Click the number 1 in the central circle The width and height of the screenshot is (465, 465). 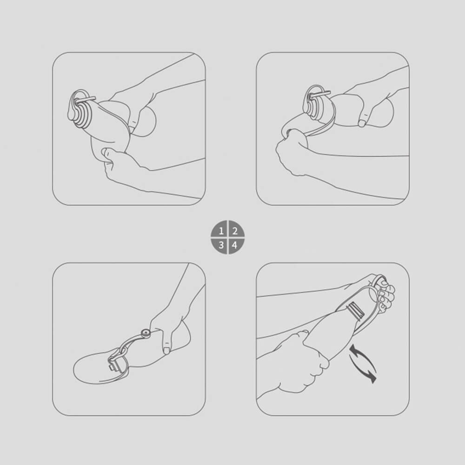(x=221, y=231)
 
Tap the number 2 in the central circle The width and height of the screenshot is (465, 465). (x=235, y=231)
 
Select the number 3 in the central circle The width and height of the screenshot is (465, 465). (x=221, y=245)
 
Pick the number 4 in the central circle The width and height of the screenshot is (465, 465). (x=234, y=245)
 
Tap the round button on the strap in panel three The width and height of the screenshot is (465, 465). (x=146, y=333)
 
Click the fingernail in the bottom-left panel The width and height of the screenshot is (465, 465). (x=167, y=351)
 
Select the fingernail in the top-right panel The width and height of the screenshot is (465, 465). (x=362, y=123)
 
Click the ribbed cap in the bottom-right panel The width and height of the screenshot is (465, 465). (x=356, y=311)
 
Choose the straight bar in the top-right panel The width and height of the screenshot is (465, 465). (x=320, y=94)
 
